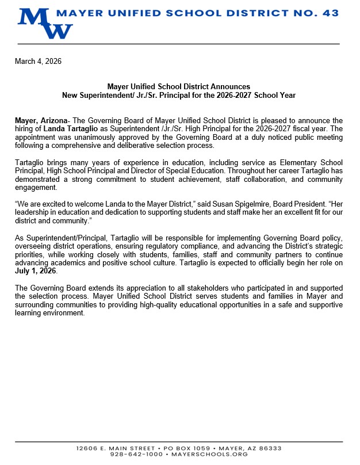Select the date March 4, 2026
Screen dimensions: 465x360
pos(38,61)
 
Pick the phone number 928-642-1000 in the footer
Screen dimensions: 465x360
pos(136,454)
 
